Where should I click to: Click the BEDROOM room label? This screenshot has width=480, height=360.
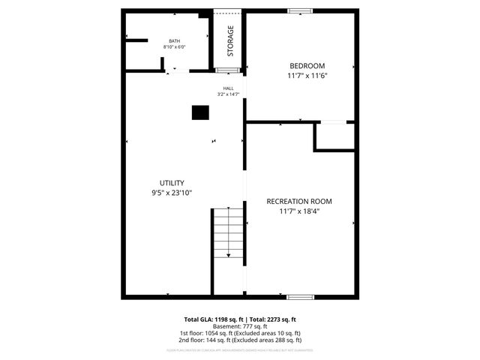pyautogui.click(x=307, y=65)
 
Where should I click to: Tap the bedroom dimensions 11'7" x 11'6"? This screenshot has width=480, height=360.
pyautogui.click(x=307, y=76)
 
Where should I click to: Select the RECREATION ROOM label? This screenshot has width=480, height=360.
pyautogui.click(x=299, y=201)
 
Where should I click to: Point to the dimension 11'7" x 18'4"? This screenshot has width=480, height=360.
pyautogui.click(x=299, y=211)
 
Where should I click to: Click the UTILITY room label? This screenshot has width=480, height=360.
pyautogui.click(x=172, y=183)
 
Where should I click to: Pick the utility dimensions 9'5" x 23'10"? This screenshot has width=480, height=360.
pyautogui.click(x=172, y=193)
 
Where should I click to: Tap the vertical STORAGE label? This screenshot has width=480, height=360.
pyautogui.click(x=230, y=40)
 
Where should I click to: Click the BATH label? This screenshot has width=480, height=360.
pyautogui.click(x=174, y=41)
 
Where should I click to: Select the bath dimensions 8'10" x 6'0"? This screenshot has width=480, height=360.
pyautogui.click(x=174, y=47)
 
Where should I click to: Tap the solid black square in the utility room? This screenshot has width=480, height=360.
pyautogui.click(x=200, y=112)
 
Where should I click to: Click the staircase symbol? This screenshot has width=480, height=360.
pyautogui.click(x=228, y=232)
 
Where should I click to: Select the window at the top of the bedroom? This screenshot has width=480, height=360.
pyautogui.click(x=301, y=10)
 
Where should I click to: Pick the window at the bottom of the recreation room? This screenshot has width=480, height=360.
pyautogui.click(x=300, y=297)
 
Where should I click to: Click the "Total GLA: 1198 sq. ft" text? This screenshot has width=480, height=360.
pyautogui.click(x=214, y=319)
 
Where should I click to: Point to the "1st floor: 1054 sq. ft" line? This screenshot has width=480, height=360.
pyautogui.click(x=240, y=333)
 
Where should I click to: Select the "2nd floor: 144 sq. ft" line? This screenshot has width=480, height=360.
pyautogui.click(x=240, y=340)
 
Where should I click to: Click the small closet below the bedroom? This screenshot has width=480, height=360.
pyautogui.click(x=334, y=136)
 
